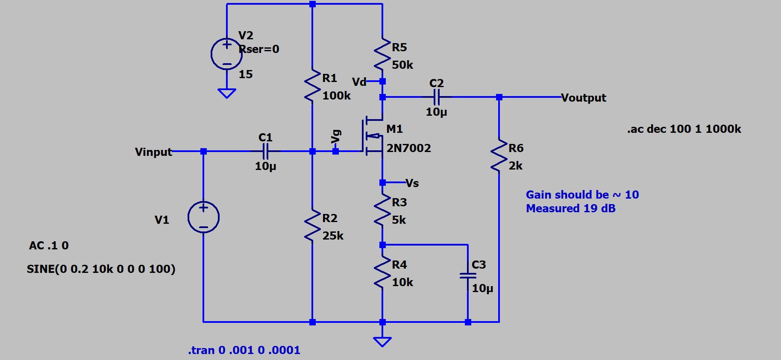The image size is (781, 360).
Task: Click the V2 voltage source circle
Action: [x=226, y=54]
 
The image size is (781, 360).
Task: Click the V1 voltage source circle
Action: [x=203, y=217]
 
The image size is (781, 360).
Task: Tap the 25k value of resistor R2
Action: [x=333, y=236]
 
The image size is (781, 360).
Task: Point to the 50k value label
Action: [x=402, y=65]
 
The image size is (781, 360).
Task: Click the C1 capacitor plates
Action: [x=265, y=151]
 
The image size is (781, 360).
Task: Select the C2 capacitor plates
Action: [x=436, y=97]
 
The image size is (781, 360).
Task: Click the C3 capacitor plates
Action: [x=468, y=276]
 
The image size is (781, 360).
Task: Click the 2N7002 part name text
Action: [x=408, y=148]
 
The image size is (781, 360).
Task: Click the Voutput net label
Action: [x=583, y=98]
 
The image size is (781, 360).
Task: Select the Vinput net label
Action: [x=153, y=152]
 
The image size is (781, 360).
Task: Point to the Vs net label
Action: [x=412, y=183]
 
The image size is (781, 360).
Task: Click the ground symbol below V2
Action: [x=226, y=93]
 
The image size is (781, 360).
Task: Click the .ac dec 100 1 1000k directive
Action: [x=684, y=129]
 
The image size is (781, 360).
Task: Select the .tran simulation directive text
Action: [x=244, y=350]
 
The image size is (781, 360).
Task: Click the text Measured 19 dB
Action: [x=570, y=208]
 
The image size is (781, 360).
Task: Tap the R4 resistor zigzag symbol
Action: [x=382, y=273]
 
